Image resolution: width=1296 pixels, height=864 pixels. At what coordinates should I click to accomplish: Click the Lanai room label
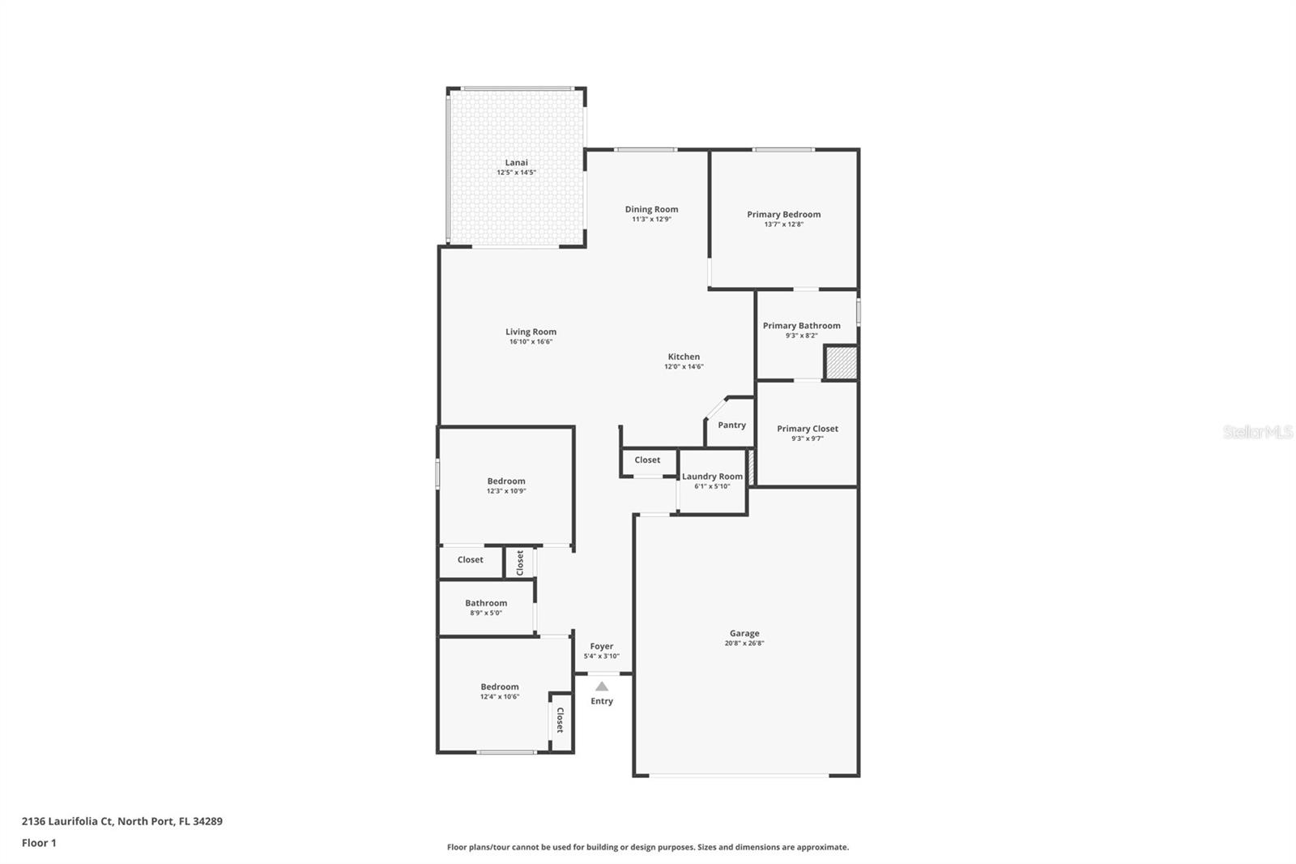pyautogui.click(x=516, y=162)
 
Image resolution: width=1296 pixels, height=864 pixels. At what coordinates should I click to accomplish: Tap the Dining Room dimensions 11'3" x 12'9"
pyautogui.click(x=651, y=220)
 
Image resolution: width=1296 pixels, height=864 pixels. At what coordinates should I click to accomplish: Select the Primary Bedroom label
pyautogui.click(x=783, y=214)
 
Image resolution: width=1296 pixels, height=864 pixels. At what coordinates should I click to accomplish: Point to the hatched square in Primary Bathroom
pyautogui.click(x=841, y=362)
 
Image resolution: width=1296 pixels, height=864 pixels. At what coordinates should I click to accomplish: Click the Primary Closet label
pyautogui.click(x=807, y=429)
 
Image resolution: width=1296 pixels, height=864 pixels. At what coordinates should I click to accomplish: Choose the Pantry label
pyautogui.click(x=731, y=425)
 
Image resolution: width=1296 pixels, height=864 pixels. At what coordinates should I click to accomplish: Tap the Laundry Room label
pyautogui.click(x=712, y=477)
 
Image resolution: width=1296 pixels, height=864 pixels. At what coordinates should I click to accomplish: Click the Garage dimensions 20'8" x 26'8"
pyautogui.click(x=744, y=644)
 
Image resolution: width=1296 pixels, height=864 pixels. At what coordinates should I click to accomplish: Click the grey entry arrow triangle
pyautogui.click(x=602, y=686)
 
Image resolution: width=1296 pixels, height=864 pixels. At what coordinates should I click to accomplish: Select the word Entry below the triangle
pyautogui.click(x=602, y=701)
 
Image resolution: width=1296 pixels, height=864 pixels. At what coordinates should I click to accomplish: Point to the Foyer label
pyautogui.click(x=601, y=646)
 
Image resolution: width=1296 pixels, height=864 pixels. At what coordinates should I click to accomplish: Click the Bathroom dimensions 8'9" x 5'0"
pyautogui.click(x=486, y=614)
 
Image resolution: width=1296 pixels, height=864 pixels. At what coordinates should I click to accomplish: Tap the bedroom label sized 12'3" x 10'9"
pyautogui.click(x=506, y=481)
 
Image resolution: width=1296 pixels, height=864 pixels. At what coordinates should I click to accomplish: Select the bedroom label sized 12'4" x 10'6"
pyautogui.click(x=499, y=686)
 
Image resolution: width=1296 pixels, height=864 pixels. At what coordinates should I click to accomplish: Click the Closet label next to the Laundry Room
pyautogui.click(x=647, y=460)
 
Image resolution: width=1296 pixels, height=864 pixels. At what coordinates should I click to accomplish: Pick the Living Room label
pyautogui.click(x=531, y=331)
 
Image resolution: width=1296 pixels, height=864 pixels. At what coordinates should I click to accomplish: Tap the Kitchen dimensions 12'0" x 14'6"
pyautogui.click(x=684, y=367)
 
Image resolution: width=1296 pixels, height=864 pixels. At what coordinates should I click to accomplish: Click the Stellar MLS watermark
pyautogui.click(x=1257, y=433)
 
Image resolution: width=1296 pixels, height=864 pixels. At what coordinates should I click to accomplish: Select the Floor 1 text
pyautogui.click(x=39, y=843)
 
